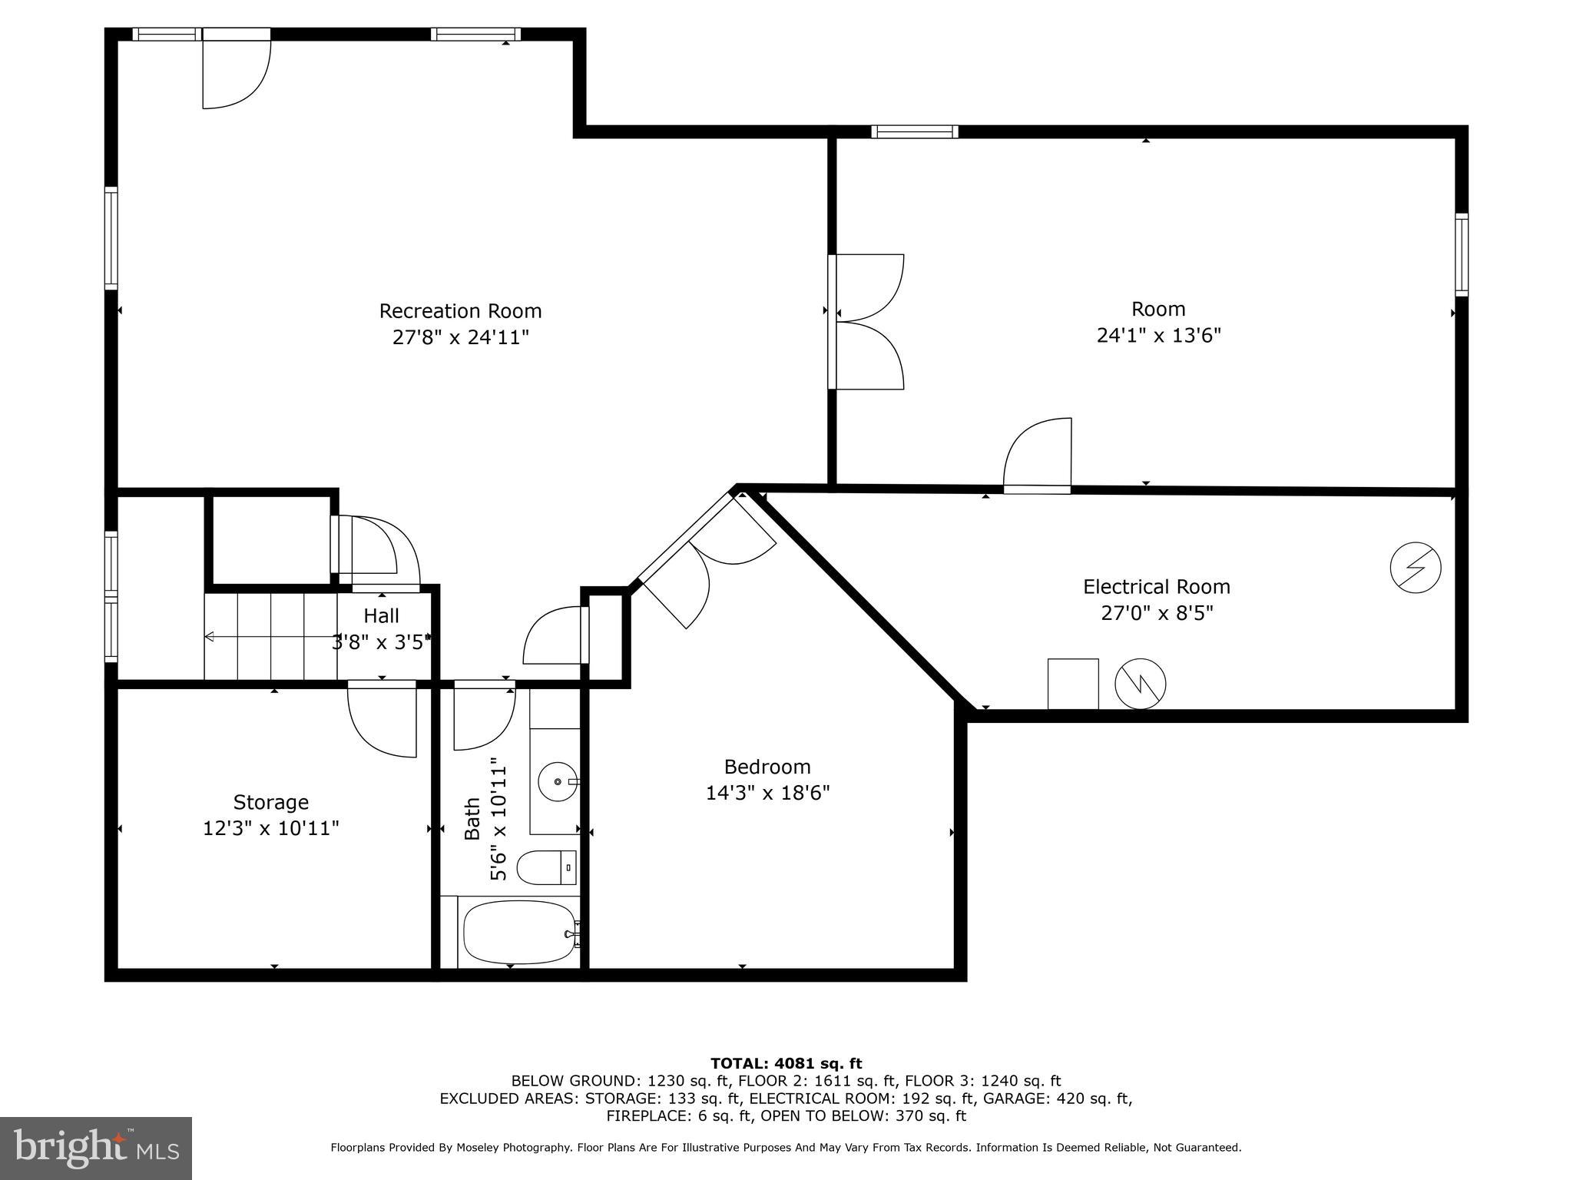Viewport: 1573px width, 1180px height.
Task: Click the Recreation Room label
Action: coord(460,311)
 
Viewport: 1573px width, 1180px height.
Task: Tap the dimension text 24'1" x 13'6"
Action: coord(1158,336)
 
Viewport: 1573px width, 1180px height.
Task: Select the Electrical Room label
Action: coord(1156,587)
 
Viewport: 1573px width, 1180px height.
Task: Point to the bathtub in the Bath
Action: coord(519,932)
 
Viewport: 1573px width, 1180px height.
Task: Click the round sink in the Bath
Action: coord(557,781)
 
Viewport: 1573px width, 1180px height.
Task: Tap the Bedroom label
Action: coord(767,767)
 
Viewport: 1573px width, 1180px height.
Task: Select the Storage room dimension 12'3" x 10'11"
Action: coord(270,828)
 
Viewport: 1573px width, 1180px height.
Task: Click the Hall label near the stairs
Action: coord(381,616)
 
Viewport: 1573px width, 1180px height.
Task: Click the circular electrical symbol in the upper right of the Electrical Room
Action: coord(1415,568)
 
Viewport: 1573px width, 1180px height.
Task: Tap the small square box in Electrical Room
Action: coord(1073,684)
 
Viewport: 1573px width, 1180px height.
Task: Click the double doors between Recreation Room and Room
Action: coord(868,322)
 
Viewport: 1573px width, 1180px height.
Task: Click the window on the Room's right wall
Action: coord(1461,254)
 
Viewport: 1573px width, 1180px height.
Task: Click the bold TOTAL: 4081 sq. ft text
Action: coord(786,1063)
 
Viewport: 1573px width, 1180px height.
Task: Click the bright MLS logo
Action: coord(96,1149)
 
